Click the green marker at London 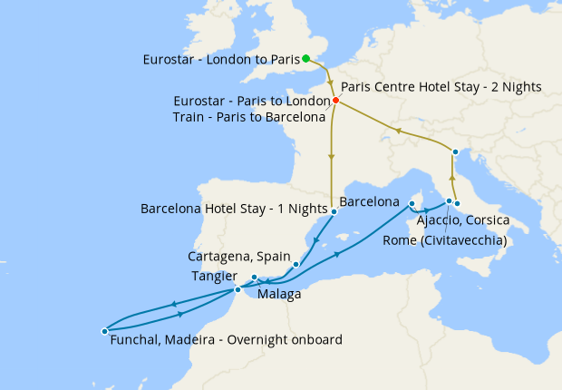(x=306, y=59)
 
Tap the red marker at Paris (x=335, y=100)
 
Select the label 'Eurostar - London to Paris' (x=221, y=60)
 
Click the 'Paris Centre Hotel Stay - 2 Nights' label (x=441, y=87)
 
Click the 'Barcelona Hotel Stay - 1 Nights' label (x=234, y=208)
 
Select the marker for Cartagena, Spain (x=296, y=265)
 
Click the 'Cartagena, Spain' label (x=237, y=257)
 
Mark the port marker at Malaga (x=255, y=278)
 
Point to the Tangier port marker (x=237, y=289)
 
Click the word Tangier (x=214, y=276)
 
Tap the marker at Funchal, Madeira (x=104, y=331)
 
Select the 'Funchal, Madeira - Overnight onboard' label (x=226, y=340)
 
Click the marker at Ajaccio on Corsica (x=412, y=204)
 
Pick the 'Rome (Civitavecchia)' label (x=444, y=240)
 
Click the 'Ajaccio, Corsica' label (x=463, y=221)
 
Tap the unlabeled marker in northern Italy (x=455, y=151)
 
